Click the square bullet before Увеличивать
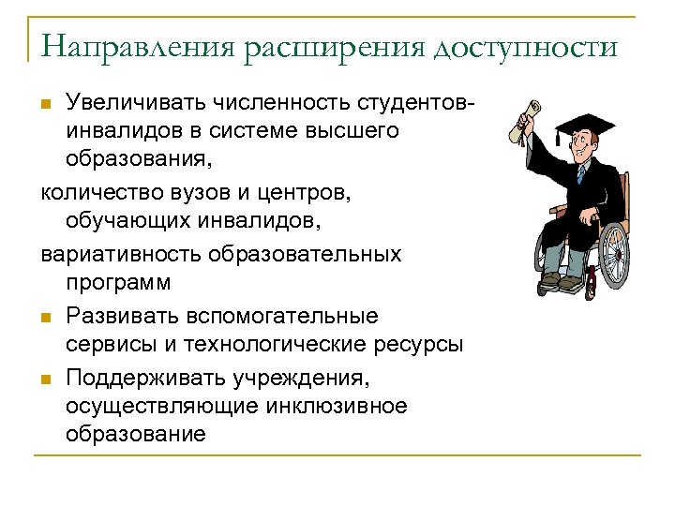click(48, 101)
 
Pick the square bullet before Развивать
click(48, 316)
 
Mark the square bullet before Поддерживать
click(48, 378)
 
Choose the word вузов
click(193, 193)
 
